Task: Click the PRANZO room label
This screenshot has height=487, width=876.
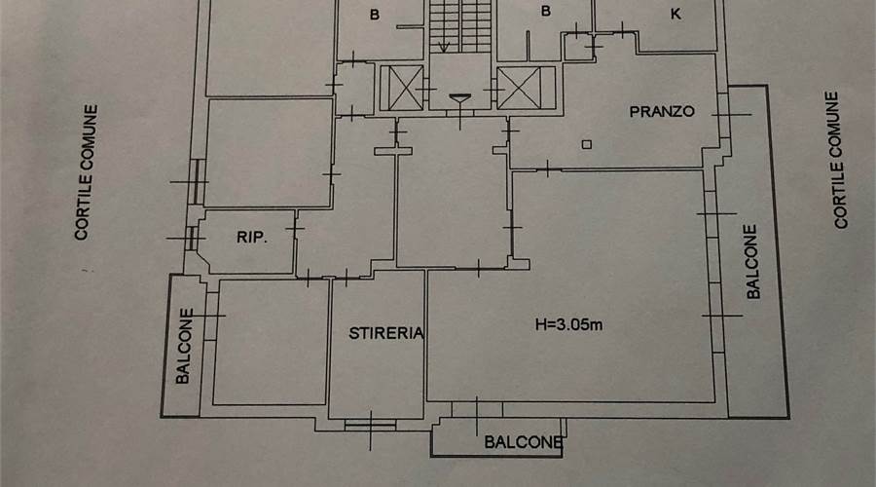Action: pyautogui.click(x=662, y=111)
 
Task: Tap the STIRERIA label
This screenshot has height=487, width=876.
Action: pyautogui.click(x=386, y=333)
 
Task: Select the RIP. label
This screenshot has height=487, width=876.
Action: pyautogui.click(x=251, y=237)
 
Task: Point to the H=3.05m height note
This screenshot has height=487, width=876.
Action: pyautogui.click(x=568, y=324)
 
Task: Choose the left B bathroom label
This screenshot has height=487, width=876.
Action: pyautogui.click(x=374, y=14)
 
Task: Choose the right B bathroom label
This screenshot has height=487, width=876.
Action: pyautogui.click(x=545, y=12)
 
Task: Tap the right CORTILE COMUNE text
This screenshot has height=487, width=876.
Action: pyautogui.click(x=838, y=160)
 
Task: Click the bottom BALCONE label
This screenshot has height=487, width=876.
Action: pyautogui.click(x=524, y=443)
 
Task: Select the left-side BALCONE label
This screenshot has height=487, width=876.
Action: pyautogui.click(x=184, y=347)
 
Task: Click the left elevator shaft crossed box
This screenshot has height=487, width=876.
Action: pyautogui.click(x=400, y=88)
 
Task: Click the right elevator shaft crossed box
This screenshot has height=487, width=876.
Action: pyautogui.click(x=519, y=88)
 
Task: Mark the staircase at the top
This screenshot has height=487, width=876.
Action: pyautogui.click(x=460, y=24)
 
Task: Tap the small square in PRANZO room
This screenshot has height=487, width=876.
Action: pyautogui.click(x=586, y=145)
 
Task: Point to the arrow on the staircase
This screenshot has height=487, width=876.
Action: pyautogui.click(x=444, y=44)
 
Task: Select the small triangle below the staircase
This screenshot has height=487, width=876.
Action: pyautogui.click(x=460, y=97)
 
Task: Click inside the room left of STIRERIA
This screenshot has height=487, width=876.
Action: pyautogui.click(x=272, y=341)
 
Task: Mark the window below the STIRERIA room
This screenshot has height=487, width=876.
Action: pyautogui.click(x=370, y=424)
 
